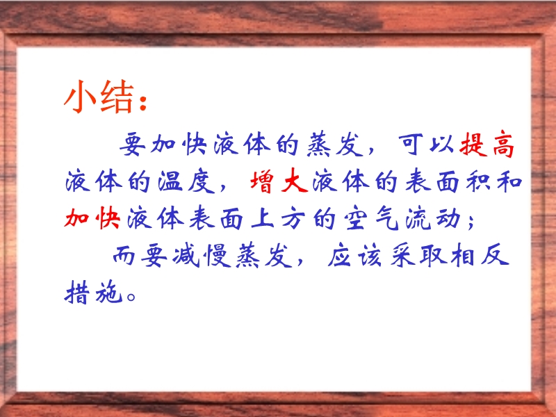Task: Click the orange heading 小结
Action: pyautogui.click(x=100, y=97)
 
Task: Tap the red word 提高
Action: pyautogui.click(x=487, y=145)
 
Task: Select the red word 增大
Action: pyautogui.click(x=279, y=181)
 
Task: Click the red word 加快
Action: pyautogui.click(x=92, y=218)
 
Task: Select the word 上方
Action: pyautogui.click(x=279, y=218)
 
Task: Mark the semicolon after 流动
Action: pyautogui.click(x=471, y=222)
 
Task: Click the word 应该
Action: pyautogui.click(x=354, y=255)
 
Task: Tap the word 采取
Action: pyautogui.click(x=418, y=255)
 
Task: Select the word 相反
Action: pyautogui.click(x=480, y=255)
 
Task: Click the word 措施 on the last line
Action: pyautogui.click(x=94, y=292)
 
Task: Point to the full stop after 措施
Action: pyautogui.click(x=131, y=297)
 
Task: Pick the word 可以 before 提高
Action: pyautogui.click(x=425, y=145)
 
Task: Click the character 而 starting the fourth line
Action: pyautogui.click(x=124, y=255)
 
